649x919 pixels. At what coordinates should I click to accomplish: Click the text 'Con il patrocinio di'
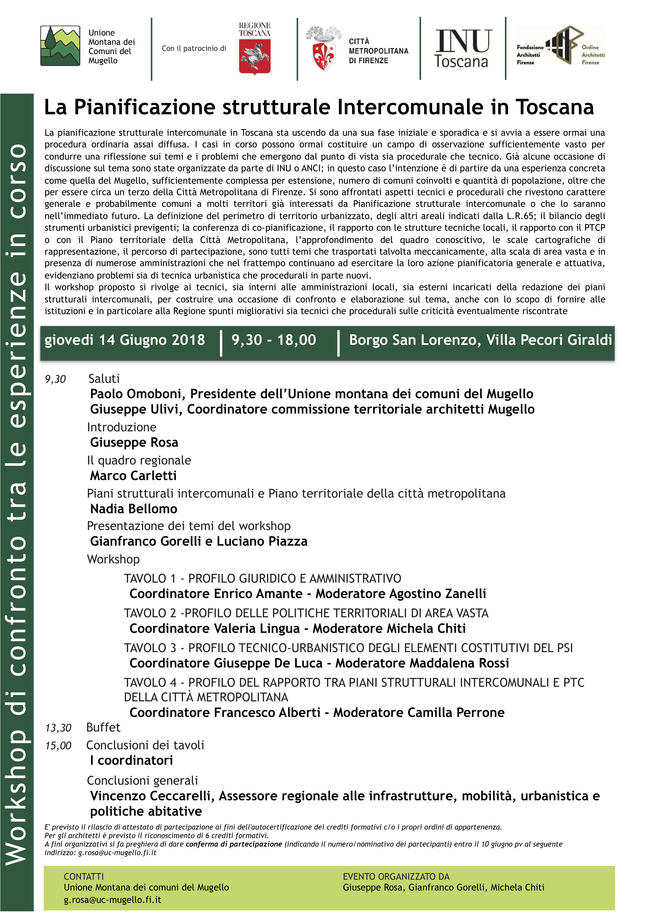pos(194,48)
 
